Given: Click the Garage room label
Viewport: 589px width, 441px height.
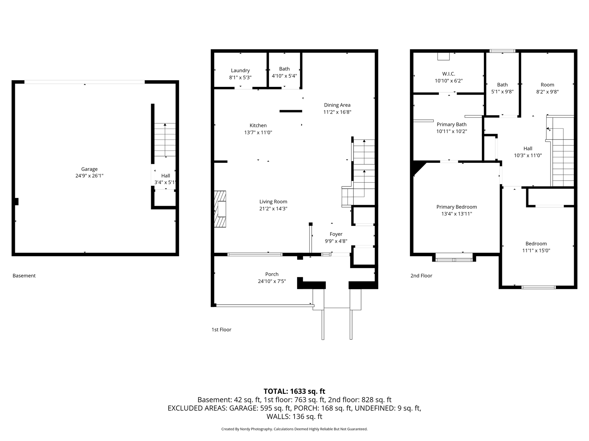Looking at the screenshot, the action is (89, 169).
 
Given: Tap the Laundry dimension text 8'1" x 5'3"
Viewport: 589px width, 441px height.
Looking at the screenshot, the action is (240, 78).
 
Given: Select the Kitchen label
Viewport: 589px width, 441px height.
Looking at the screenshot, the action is (258, 125).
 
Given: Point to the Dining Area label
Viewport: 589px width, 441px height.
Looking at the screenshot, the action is (337, 105).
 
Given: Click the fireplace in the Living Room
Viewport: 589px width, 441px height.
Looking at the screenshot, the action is (220, 209).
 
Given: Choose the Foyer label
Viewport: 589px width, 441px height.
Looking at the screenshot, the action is (336, 234).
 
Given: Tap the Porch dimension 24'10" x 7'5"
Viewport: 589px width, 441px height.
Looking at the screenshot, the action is (272, 281).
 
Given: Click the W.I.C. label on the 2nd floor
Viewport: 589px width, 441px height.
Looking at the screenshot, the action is (449, 74).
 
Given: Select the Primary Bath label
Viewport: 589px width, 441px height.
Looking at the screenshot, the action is (452, 124).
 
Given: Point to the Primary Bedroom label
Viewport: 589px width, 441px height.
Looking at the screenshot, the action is (457, 207).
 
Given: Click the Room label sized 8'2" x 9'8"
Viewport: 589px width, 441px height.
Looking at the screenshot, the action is (548, 85).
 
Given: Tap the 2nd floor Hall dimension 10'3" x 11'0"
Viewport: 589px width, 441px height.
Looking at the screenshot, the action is (528, 155).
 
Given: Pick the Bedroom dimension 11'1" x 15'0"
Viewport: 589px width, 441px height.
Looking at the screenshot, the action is (536, 250).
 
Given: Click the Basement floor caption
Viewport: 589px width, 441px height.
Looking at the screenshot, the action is (24, 276).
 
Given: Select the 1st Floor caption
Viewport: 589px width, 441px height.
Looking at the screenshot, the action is (221, 330).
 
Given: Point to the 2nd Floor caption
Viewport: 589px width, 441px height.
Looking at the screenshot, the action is (421, 276).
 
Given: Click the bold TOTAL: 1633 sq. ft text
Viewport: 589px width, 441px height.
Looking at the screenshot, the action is (294, 392).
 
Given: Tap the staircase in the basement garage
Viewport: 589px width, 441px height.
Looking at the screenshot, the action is (165, 140).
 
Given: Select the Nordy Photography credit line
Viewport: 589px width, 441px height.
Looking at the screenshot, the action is (294, 429).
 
